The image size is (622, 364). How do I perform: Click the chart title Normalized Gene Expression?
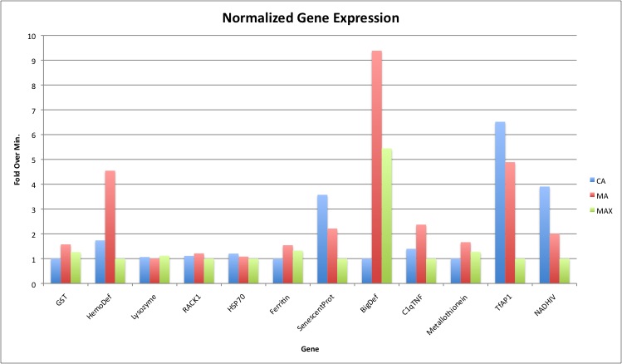(310, 17)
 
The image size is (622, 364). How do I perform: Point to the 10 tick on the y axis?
(32, 36)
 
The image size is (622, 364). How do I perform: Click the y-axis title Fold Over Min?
(17, 160)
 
